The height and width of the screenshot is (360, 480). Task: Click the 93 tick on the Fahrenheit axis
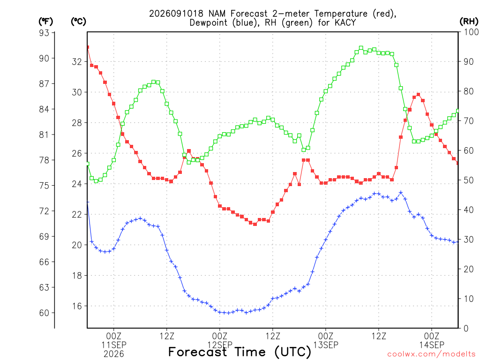click(x=44, y=32)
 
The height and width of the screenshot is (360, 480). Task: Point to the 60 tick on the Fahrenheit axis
click(x=44, y=313)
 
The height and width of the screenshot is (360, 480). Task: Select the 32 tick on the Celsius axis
click(x=77, y=62)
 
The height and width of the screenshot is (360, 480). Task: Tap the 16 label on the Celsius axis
click(x=77, y=306)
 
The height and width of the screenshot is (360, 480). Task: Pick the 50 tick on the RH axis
click(x=468, y=180)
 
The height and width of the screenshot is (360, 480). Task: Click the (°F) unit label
click(x=45, y=22)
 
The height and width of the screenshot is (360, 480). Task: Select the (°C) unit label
click(x=79, y=22)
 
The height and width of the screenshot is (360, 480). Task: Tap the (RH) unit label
click(x=469, y=22)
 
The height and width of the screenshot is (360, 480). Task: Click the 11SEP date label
click(x=114, y=345)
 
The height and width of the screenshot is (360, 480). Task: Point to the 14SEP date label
click(x=432, y=345)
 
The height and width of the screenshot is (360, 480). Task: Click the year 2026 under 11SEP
click(x=114, y=354)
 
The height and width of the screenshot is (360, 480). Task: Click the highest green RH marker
click(x=361, y=48)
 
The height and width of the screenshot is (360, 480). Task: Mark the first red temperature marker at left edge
click(x=88, y=47)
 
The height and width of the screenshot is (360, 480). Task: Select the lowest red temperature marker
click(x=255, y=224)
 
